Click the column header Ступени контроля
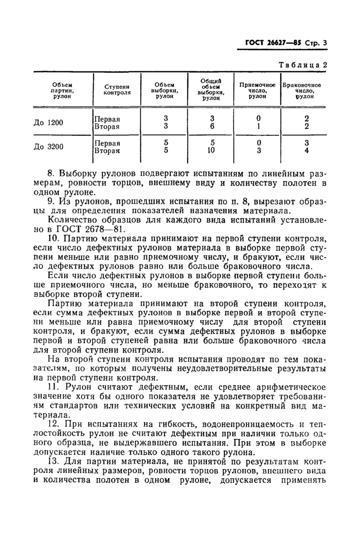coord(117,90)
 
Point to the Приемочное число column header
coord(258,90)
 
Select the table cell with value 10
coord(211,151)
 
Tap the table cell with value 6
coord(211,126)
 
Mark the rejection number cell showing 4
coord(305,151)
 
